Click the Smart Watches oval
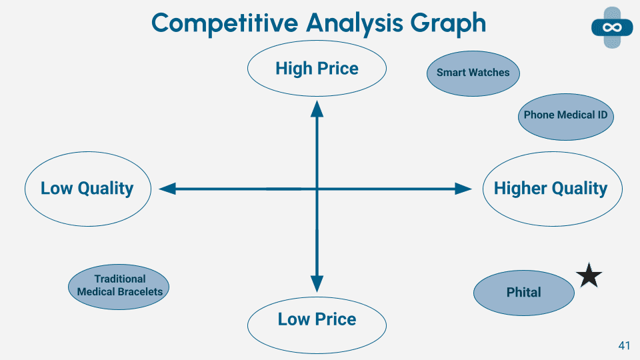[473, 73]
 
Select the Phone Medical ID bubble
[566, 117]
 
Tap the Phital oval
[524, 293]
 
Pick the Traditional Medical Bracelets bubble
[119, 287]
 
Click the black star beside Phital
[589, 276]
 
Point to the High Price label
[317, 68]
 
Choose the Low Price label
[317, 319]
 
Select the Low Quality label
[87, 189]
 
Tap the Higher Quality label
[551, 189]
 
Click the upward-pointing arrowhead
[317, 109]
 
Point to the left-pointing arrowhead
[167, 189]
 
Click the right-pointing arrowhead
[463, 189]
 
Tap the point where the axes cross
[317, 189]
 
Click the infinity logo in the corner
[612, 27]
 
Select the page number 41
[624, 345]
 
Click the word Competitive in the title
[225, 23]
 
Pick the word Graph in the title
[448, 24]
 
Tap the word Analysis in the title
[355, 23]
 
